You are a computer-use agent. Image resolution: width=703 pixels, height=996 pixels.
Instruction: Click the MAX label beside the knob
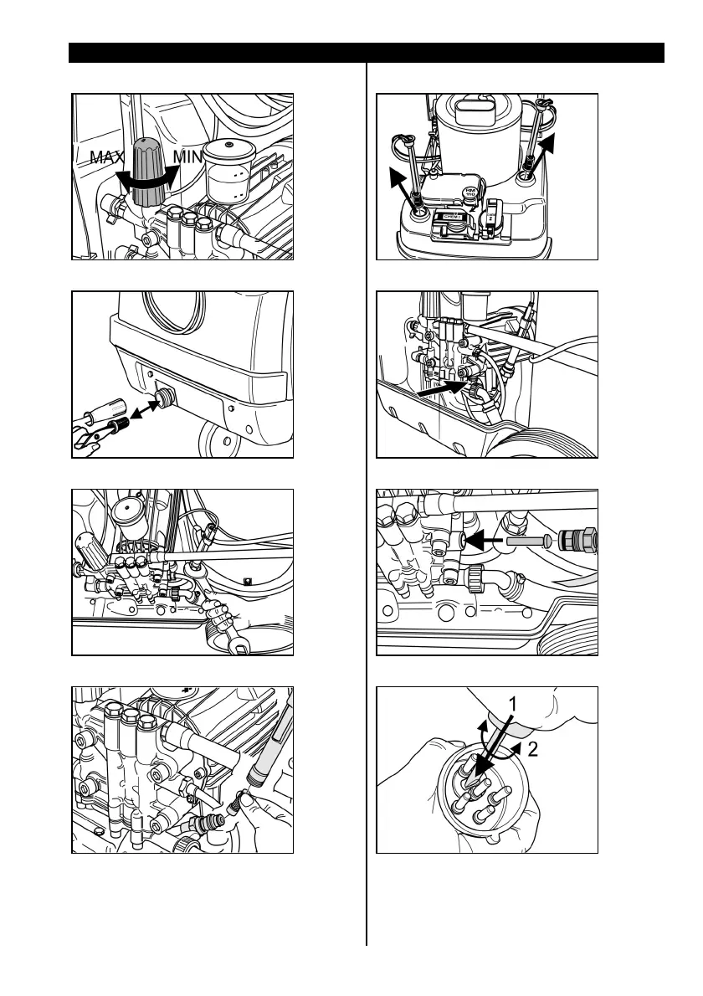[107, 157]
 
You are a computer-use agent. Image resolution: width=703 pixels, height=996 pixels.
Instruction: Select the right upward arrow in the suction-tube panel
[542, 152]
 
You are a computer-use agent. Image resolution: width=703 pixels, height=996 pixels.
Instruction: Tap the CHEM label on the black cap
[451, 216]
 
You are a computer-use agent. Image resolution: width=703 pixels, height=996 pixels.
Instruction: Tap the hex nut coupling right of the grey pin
[581, 540]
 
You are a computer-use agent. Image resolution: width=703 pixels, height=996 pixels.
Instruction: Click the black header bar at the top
[367, 54]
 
